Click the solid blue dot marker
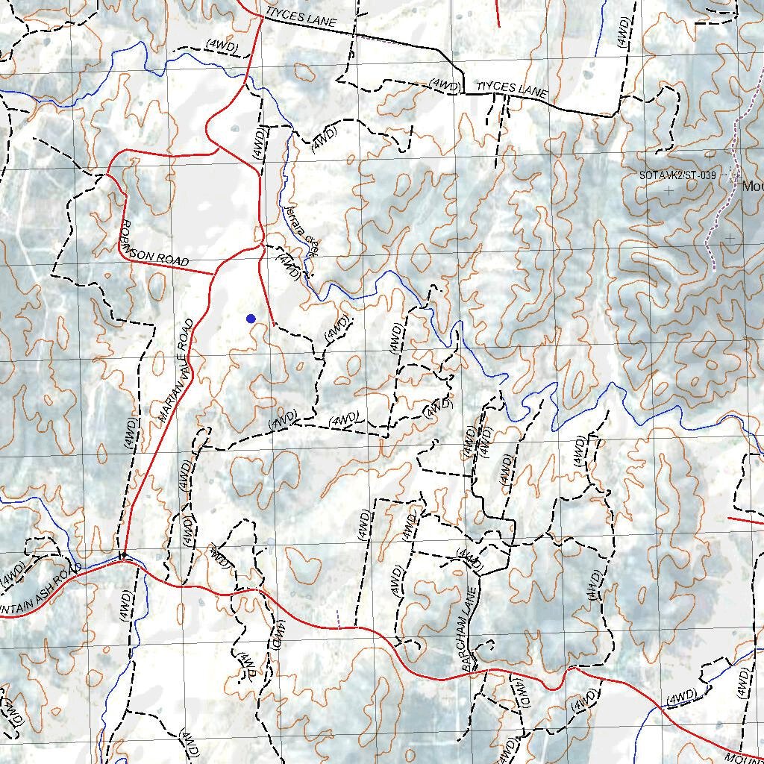coord(251,319)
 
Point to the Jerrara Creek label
coord(302,228)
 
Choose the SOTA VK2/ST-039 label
coord(677,175)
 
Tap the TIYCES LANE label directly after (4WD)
coord(513,90)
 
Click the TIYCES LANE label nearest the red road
coord(301,17)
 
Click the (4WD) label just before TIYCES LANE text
coord(445,86)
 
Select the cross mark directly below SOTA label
coord(668,191)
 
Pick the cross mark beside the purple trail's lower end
coord(730,238)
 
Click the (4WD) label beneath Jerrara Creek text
coord(288,266)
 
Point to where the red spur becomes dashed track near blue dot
coord(275,325)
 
